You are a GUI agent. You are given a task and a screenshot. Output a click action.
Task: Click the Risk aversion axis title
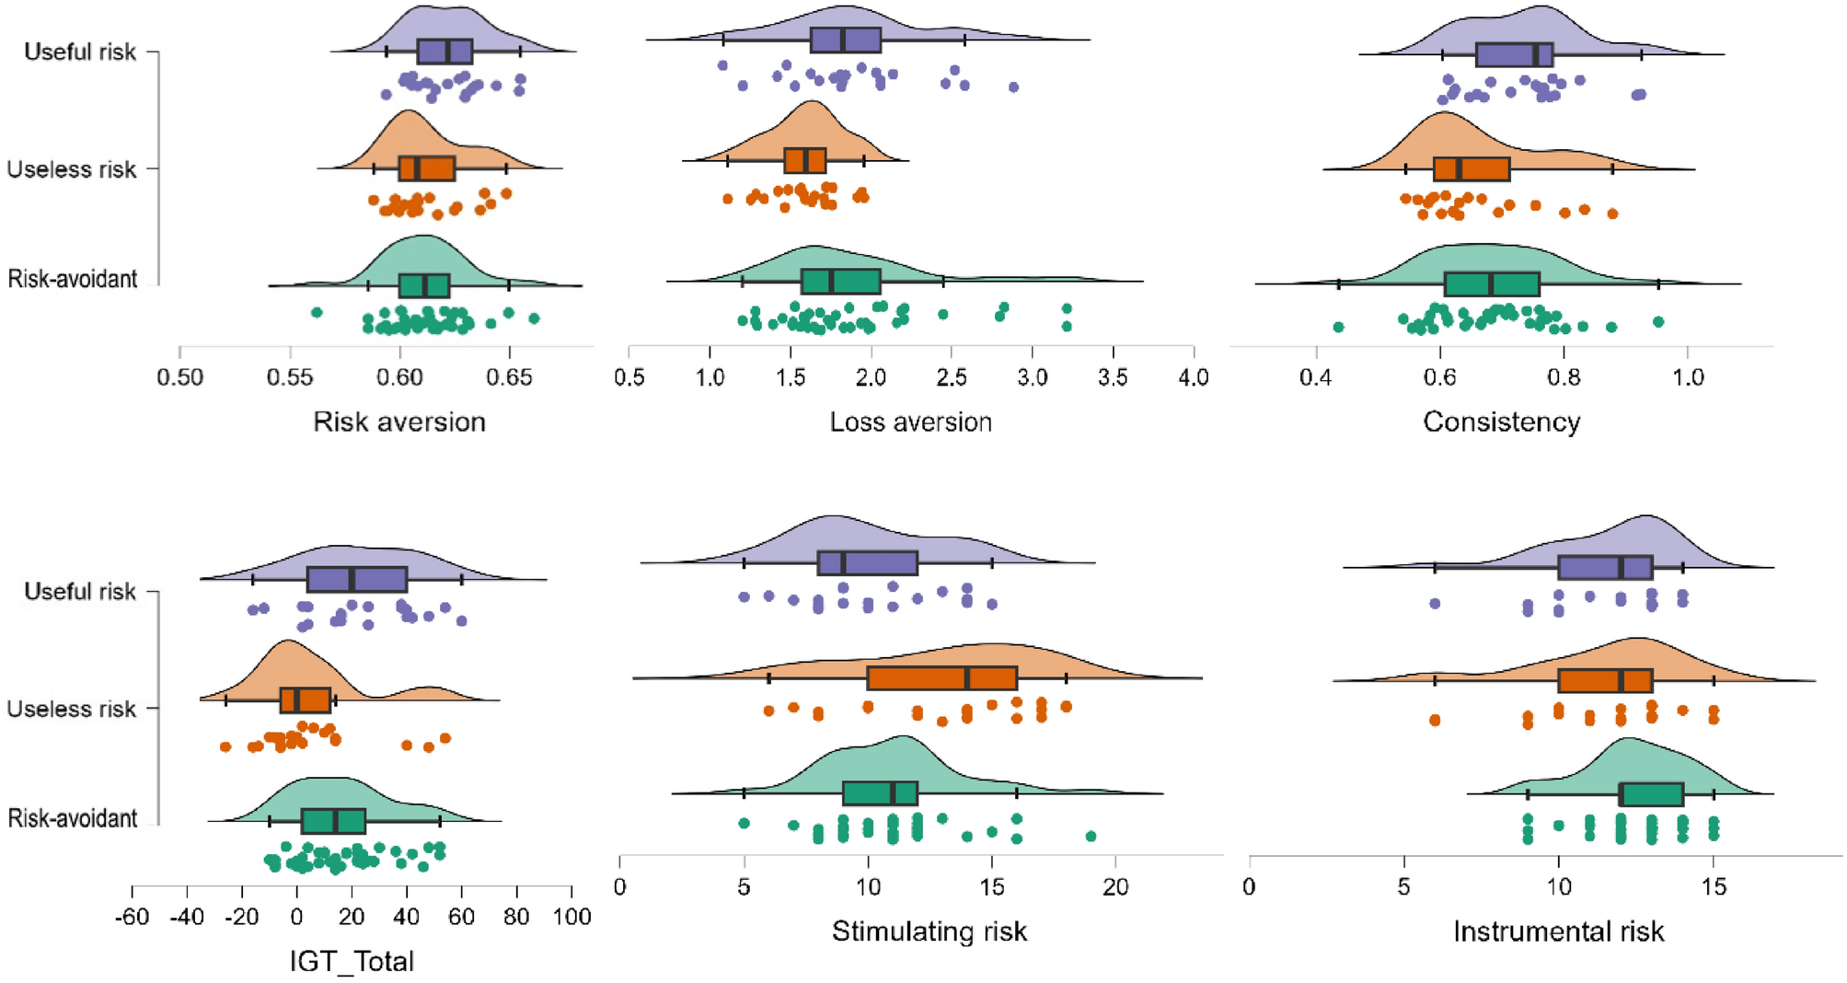pyautogui.click(x=398, y=422)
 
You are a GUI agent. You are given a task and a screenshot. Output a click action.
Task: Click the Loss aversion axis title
pyautogui.click(x=910, y=422)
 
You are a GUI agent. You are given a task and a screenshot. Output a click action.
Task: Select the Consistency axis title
pyautogui.click(x=1501, y=422)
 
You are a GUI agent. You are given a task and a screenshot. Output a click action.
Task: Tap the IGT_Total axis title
pyautogui.click(x=352, y=961)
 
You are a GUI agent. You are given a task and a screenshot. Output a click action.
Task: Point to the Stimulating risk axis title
pyautogui.click(x=929, y=931)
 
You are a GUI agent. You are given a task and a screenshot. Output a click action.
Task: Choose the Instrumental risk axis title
pyautogui.click(x=1558, y=931)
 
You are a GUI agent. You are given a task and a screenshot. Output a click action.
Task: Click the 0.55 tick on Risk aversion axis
pyautogui.click(x=290, y=377)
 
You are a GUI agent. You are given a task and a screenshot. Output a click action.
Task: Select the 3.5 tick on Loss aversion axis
pyautogui.click(x=1113, y=377)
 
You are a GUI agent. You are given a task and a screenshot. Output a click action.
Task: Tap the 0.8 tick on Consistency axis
pyautogui.click(x=1564, y=377)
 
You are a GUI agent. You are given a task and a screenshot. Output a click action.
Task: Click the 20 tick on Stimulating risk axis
pyautogui.click(x=1115, y=887)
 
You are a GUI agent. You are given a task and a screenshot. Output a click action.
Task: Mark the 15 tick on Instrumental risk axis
pyautogui.click(x=1714, y=887)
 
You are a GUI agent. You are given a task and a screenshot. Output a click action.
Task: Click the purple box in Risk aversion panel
pyautogui.click(x=444, y=52)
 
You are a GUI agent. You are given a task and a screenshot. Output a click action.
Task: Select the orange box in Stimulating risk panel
pyautogui.click(x=941, y=678)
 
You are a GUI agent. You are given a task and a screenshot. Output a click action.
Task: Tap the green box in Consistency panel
pyautogui.click(x=1492, y=284)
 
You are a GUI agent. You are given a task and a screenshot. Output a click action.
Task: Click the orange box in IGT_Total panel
pyautogui.click(x=306, y=700)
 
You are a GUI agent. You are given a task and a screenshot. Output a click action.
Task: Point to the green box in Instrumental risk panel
pyautogui.click(x=1651, y=794)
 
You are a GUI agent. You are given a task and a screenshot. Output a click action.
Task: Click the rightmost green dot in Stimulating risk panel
pyautogui.click(x=1091, y=837)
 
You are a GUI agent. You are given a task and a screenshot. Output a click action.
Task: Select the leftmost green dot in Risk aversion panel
pyautogui.click(x=317, y=313)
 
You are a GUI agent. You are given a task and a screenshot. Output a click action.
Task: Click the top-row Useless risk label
pyautogui.click(x=72, y=169)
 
